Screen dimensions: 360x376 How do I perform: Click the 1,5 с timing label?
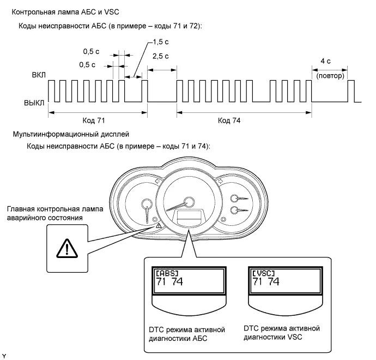coord(159,41)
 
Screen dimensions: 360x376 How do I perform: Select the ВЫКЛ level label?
coord(34,102)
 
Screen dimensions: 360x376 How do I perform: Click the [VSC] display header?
coord(263,273)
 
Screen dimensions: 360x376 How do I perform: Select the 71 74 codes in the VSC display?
coord(266,283)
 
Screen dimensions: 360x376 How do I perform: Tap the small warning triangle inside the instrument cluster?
coord(158,225)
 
